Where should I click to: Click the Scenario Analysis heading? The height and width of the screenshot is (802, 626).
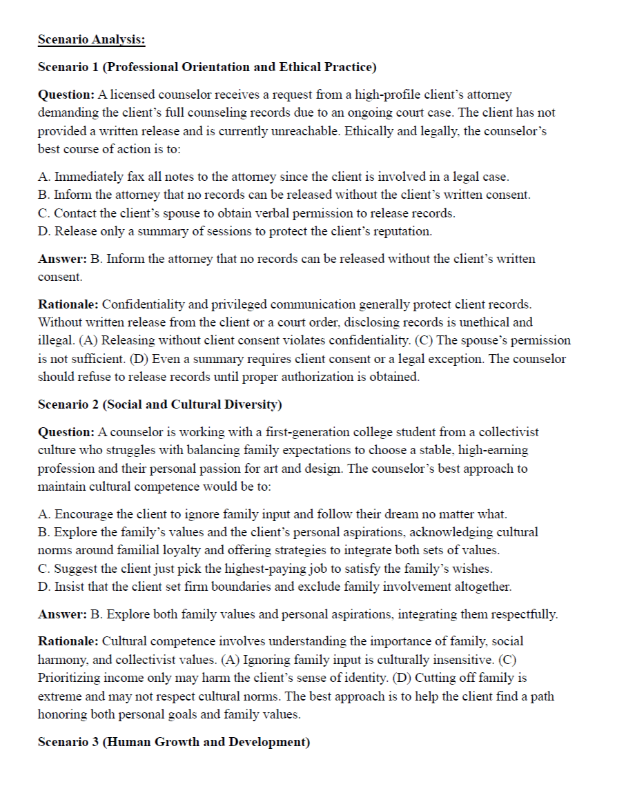(91, 39)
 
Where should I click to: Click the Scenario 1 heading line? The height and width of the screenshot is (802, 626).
(207, 67)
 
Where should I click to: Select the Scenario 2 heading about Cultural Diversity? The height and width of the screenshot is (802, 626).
(159, 404)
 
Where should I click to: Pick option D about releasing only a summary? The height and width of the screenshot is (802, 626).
(235, 231)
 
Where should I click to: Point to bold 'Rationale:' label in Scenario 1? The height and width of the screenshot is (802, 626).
(68, 304)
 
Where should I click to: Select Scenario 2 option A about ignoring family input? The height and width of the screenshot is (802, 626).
(273, 514)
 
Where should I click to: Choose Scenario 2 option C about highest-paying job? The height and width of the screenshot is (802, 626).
(264, 569)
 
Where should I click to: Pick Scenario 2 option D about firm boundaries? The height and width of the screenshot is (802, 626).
(275, 587)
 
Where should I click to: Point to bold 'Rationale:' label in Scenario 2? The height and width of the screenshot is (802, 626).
(68, 641)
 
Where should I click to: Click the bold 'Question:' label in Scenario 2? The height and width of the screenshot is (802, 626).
(66, 432)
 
